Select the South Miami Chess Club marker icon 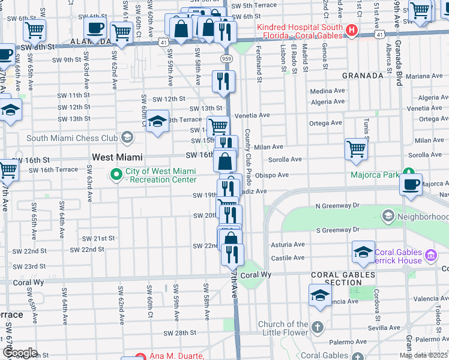click(126, 138)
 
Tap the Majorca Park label click(375, 175)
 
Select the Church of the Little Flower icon click(317, 328)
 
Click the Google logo click(19, 353)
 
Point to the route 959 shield click(226, 58)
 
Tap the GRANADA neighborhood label click(362, 76)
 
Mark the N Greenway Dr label click(337, 206)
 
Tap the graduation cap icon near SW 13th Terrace click(157, 121)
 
